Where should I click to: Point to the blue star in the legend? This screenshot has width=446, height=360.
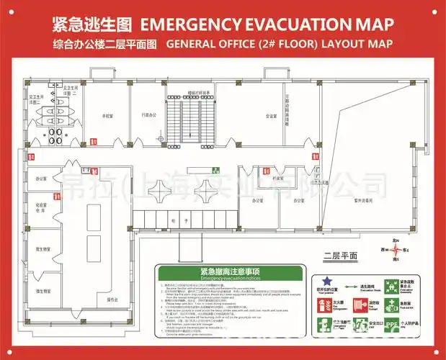pyautogui.click(x=326, y=280)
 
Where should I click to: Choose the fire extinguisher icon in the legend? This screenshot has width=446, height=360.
pyautogui.click(x=321, y=305)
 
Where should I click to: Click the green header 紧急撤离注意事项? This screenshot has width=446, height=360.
pyautogui.click(x=226, y=271)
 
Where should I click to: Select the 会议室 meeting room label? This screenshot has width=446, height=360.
pyautogui.click(x=271, y=115)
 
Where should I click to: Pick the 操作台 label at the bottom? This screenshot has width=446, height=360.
pyautogui.click(x=112, y=298)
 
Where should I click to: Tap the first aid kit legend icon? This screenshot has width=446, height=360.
pyautogui.click(x=391, y=305)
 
